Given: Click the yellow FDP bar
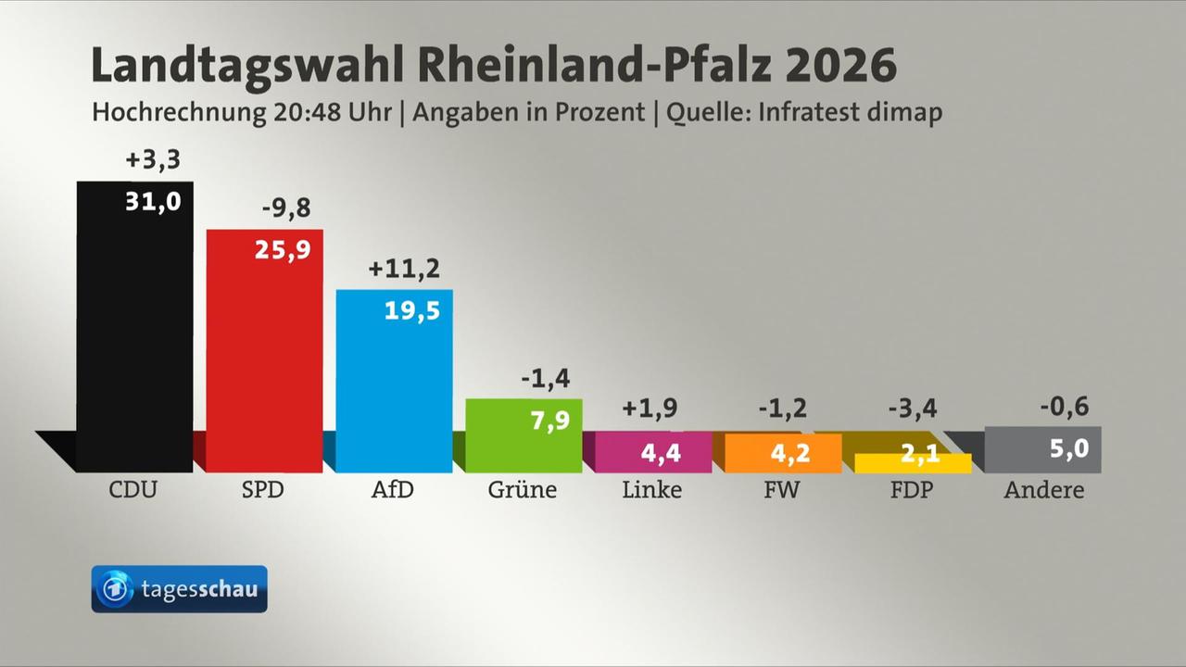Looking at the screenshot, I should click(913, 464).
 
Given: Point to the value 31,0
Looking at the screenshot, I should click(153, 202).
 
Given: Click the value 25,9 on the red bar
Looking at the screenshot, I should click(283, 249).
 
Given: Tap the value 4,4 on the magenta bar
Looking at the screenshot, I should click(661, 454).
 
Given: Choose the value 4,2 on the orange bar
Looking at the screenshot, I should click(790, 454).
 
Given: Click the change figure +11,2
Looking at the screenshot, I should click(404, 270).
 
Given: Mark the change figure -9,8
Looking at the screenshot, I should click(285, 209).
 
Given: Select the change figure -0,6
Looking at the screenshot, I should click(1064, 406).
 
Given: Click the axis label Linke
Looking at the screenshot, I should click(651, 490).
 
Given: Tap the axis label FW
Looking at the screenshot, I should click(781, 490).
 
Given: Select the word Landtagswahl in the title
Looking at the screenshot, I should click(247, 67).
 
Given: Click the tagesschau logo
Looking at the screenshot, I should click(179, 589).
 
